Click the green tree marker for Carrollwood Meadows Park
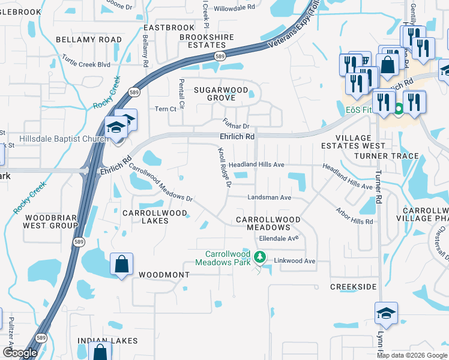[x=259, y=258]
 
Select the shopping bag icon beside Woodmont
[x=121, y=264]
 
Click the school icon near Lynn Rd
[x=386, y=313]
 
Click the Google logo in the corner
[x=20, y=353]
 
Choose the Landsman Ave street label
[x=270, y=197]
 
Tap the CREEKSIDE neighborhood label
[x=353, y=287]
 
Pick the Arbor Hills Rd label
[x=354, y=217]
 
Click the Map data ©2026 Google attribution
[x=412, y=355]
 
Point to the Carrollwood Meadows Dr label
[x=160, y=184]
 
